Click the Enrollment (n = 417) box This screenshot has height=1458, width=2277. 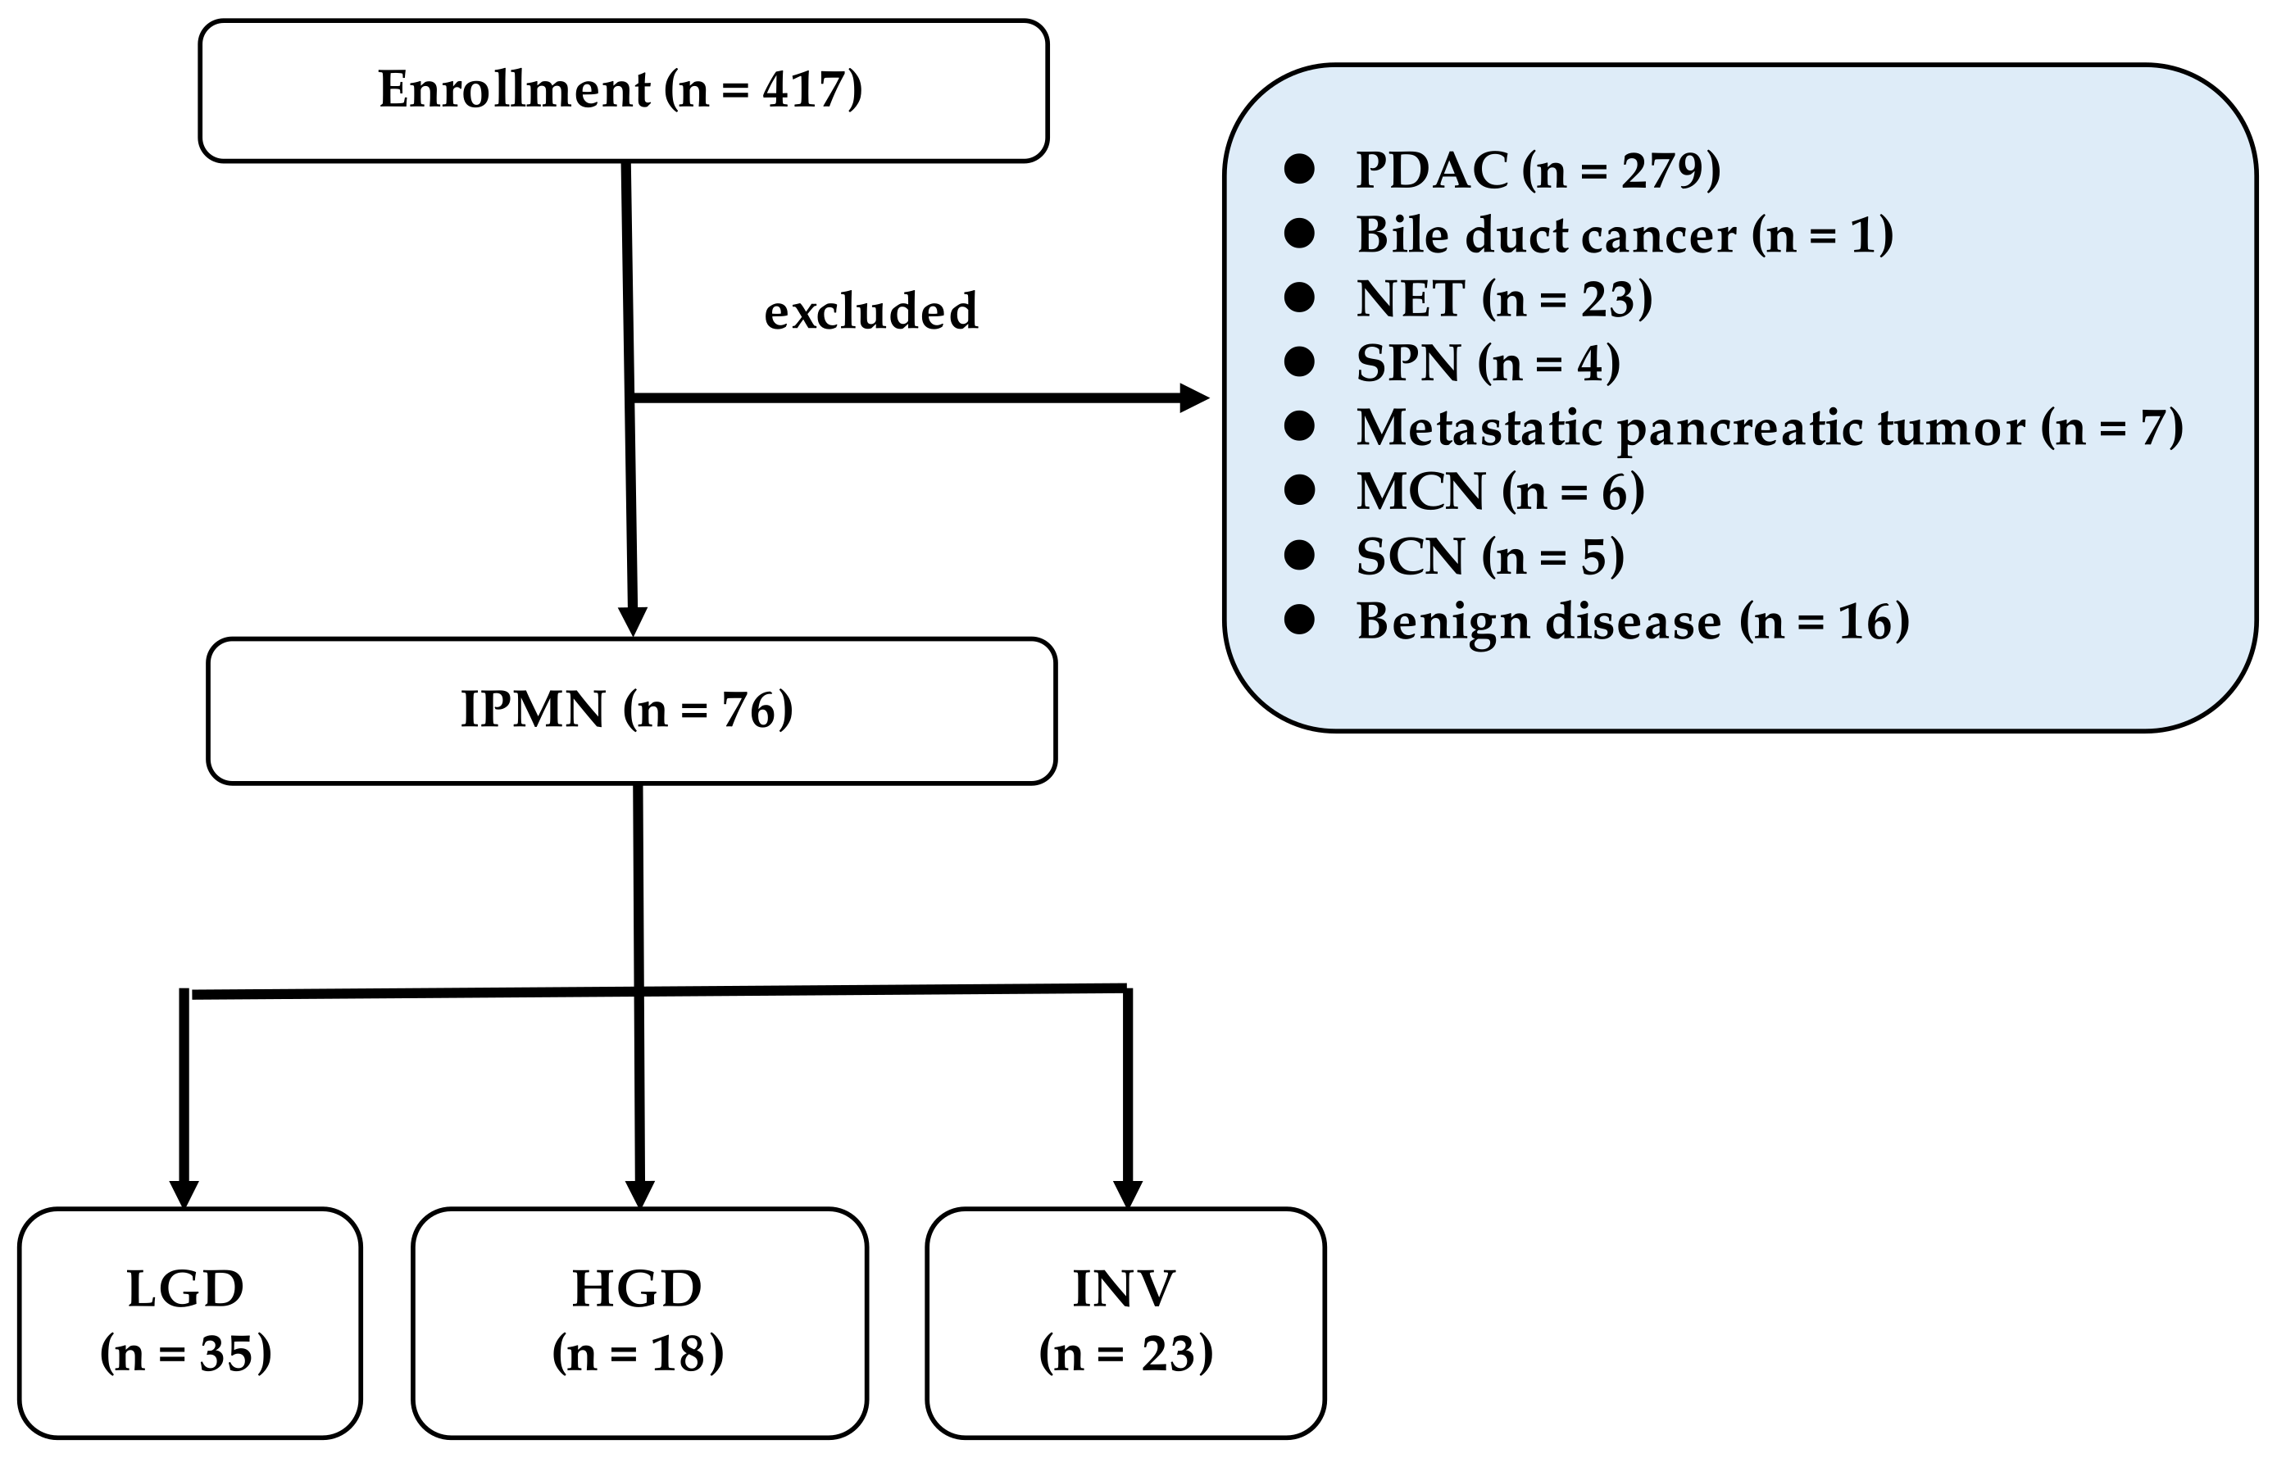(622, 91)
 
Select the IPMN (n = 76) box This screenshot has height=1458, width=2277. (630, 710)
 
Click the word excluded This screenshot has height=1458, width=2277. (870, 311)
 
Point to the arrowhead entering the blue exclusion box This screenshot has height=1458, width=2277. (1194, 397)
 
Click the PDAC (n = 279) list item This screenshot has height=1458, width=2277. (1538, 170)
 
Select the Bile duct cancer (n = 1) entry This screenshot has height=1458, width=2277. (1624, 234)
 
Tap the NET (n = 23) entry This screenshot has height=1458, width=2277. (1503, 299)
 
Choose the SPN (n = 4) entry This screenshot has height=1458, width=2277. (1488, 364)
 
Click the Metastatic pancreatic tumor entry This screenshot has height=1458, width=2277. (1769, 428)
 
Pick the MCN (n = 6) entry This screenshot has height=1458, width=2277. (1500, 493)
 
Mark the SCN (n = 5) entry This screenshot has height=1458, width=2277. (1489, 556)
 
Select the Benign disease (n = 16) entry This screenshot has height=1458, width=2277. (1632, 622)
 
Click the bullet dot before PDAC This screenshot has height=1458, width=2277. (1299, 170)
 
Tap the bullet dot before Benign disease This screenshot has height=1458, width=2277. (1299, 620)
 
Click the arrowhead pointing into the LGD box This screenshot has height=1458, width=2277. (184, 1194)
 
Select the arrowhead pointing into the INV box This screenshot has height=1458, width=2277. (1128, 1194)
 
